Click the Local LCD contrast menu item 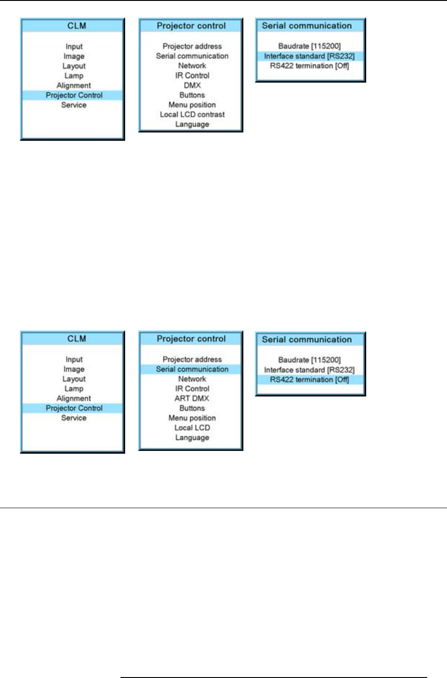click(x=192, y=114)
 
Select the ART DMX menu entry click(x=192, y=398)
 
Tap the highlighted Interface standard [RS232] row click(x=309, y=56)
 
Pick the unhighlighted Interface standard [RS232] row click(x=309, y=370)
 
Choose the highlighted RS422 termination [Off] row click(x=309, y=379)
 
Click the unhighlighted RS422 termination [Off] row click(x=309, y=66)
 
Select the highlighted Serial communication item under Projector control click(x=192, y=369)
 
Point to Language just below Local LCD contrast click(x=192, y=124)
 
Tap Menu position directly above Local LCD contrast click(x=192, y=105)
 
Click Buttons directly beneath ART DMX click(x=192, y=408)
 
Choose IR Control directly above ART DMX click(x=192, y=389)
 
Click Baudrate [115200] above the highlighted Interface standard click(x=309, y=46)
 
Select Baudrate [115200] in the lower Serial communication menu click(x=309, y=360)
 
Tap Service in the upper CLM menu click(x=74, y=105)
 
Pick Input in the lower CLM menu click(x=74, y=359)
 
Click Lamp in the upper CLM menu click(x=74, y=76)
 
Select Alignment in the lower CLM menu click(x=74, y=398)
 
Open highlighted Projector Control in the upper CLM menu click(x=74, y=95)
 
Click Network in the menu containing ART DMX click(x=192, y=379)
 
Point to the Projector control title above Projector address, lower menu click(x=191, y=339)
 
